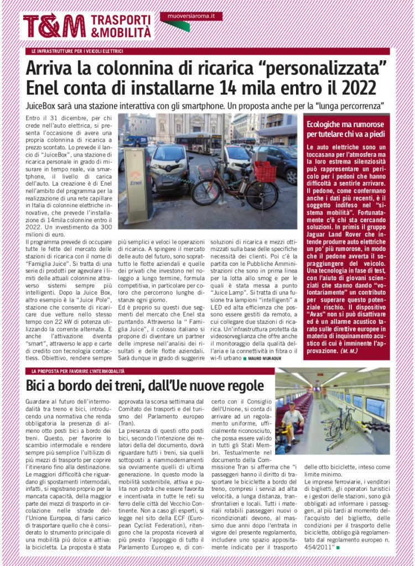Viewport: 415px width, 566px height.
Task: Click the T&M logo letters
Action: tap(54, 26)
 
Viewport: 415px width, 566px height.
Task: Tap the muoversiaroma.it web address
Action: tap(191, 16)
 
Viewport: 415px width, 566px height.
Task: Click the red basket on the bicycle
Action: tap(265, 171)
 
